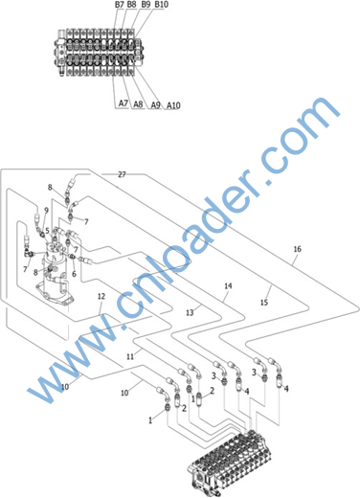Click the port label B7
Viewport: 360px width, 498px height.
[x=120, y=5]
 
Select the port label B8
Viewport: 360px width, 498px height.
[x=131, y=5]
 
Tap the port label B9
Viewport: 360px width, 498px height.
[x=146, y=5]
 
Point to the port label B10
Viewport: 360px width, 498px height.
[x=161, y=5]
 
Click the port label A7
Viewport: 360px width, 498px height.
[x=124, y=103]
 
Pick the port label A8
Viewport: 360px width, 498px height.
[x=138, y=104]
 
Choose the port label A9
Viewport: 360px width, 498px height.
[x=155, y=104]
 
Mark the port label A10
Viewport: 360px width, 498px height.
[x=173, y=105]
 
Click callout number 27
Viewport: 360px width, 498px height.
[x=122, y=174]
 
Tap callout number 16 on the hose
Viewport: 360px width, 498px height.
[x=297, y=249]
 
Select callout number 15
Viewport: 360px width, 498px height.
[x=264, y=302]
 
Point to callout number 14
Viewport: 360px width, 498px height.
[x=228, y=285]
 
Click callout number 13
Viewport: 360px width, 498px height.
[x=190, y=313]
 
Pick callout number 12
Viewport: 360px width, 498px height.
[x=101, y=296]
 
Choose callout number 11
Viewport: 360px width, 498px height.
[x=130, y=356]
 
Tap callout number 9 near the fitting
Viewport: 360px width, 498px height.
[x=46, y=211]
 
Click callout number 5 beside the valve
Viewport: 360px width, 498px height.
[x=47, y=231]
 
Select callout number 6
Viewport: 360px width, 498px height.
[x=74, y=274]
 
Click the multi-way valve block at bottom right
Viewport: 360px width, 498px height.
[x=231, y=463]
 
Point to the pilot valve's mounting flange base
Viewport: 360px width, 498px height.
[x=55, y=294]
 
